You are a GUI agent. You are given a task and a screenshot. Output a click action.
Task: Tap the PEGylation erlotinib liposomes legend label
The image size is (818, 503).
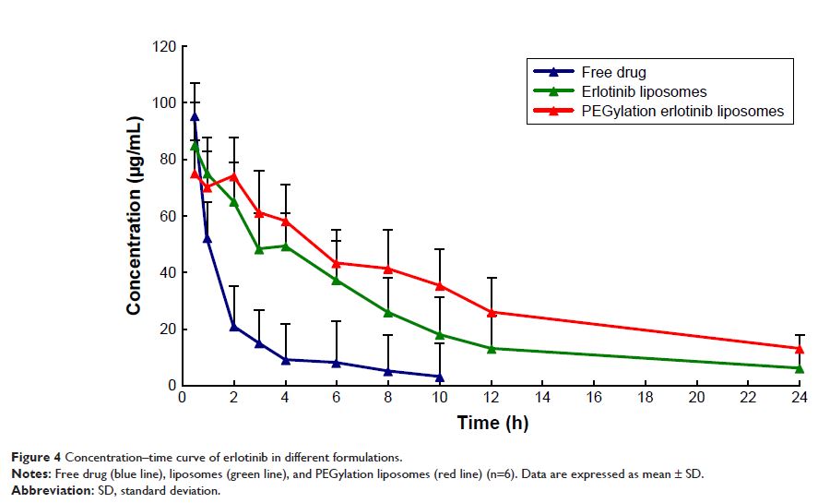pyautogui.click(x=682, y=111)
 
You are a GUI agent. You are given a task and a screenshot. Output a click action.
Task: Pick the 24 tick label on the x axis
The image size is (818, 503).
pyautogui.click(x=799, y=398)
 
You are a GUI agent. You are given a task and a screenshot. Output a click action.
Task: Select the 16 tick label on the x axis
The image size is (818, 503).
pyautogui.click(x=593, y=398)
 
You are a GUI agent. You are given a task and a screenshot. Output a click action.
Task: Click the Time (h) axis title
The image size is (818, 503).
pyautogui.click(x=492, y=423)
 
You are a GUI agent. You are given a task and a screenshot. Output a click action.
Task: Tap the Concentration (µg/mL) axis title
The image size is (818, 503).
pyautogui.click(x=135, y=216)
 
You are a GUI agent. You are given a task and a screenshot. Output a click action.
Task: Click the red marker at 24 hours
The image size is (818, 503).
pyautogui.click(x=800, y=349)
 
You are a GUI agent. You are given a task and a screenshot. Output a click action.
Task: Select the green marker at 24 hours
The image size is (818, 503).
pyautogui.click(x=800, y=368)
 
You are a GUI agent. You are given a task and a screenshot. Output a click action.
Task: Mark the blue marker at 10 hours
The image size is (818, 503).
pyautogui.click(x=440, y=377)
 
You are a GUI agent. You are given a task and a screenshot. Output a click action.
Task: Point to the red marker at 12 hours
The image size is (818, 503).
pyautogui.click(x=492, y=312)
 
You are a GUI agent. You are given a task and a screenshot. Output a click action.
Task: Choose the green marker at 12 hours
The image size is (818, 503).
pyautogui.click(x=492, y=348)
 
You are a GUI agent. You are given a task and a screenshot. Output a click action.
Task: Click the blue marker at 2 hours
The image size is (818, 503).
pyautogui.click(x=234, y=326)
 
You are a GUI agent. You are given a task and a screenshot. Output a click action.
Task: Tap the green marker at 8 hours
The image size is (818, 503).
pyautogui.click(x=388, y=312)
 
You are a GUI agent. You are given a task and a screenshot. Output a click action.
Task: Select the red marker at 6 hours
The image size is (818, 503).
pyautogui.click(x=337, y=263)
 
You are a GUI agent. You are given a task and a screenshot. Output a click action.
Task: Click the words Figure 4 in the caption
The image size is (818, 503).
pyautogui.click(x=34, y=457)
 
